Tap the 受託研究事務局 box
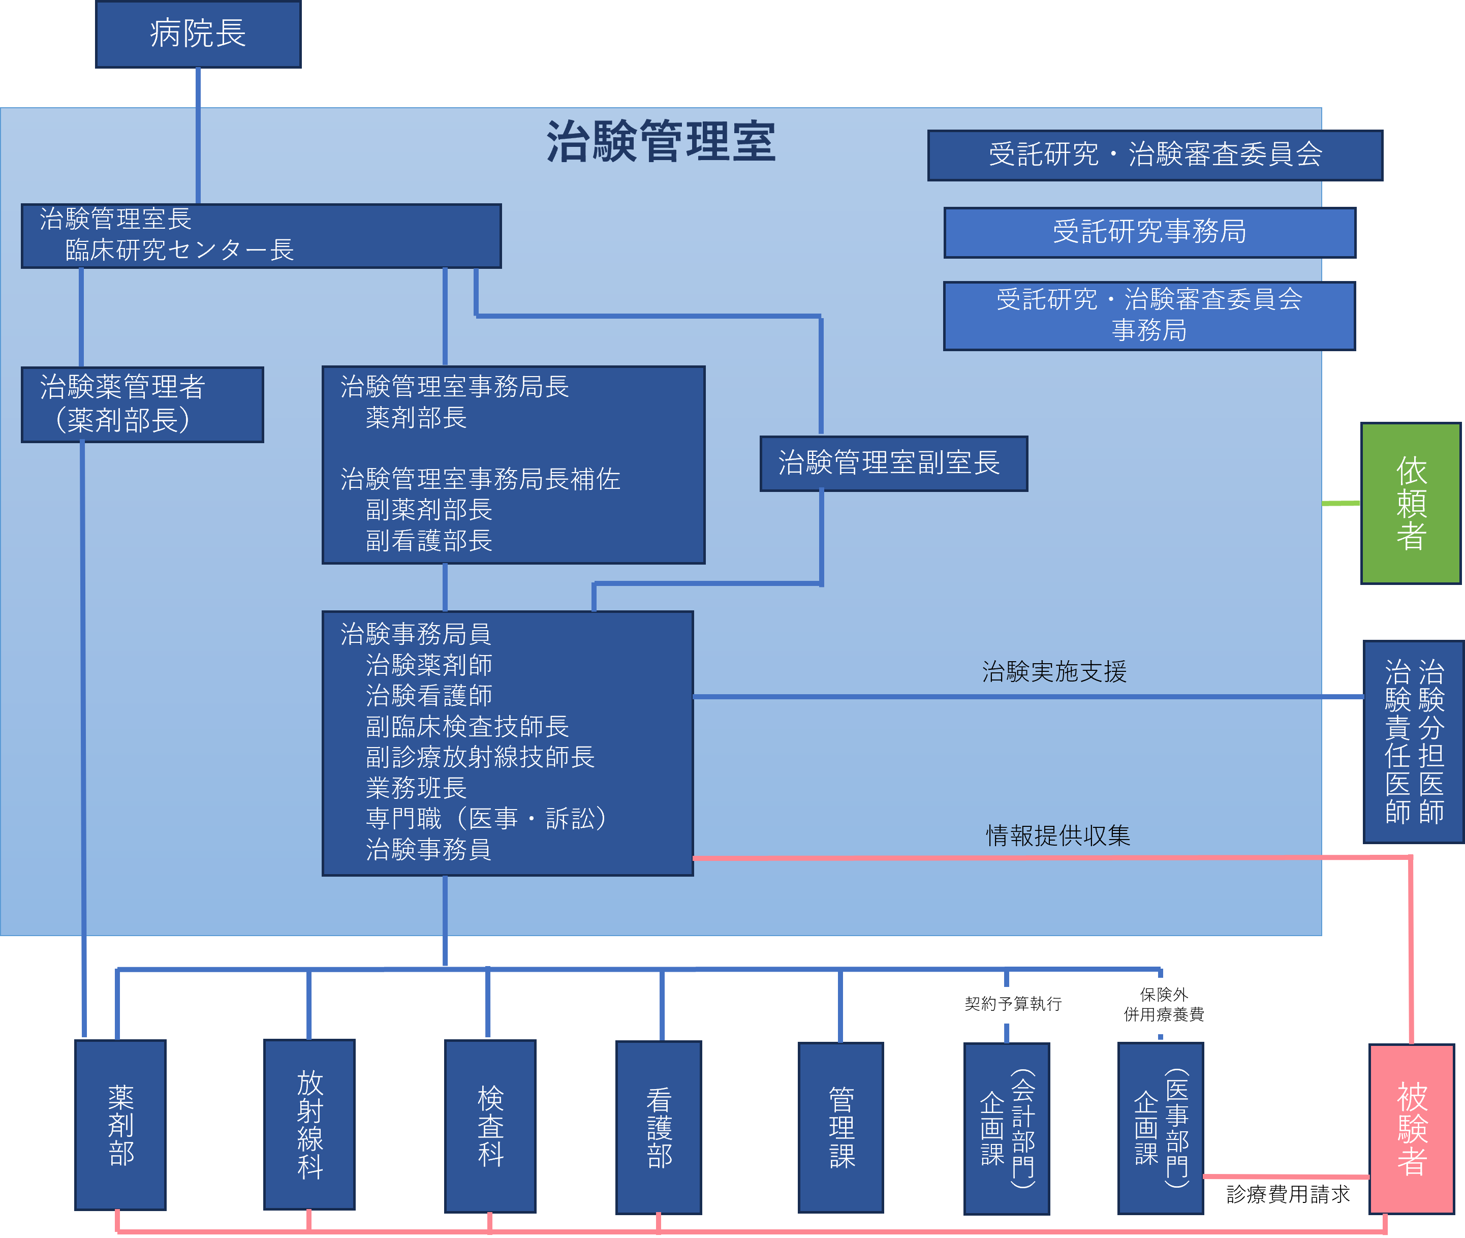click(x=1149, y=232)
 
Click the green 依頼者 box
click(x=1410, y=503)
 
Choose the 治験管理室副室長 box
click(x=893, y=463)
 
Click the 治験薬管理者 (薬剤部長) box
click(x=142, y=404)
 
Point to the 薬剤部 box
click(x=120, y=1125)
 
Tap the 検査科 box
click(x=490, y=1126)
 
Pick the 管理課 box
click(x=840, y=1127)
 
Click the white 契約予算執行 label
click(x=1012, y=1004)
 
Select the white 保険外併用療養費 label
click(x=1163, y=1005)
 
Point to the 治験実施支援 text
click(x=1054, y=672)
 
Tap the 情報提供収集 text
click(x=1057, y=835)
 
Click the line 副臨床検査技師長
click(x=466, y=726)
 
